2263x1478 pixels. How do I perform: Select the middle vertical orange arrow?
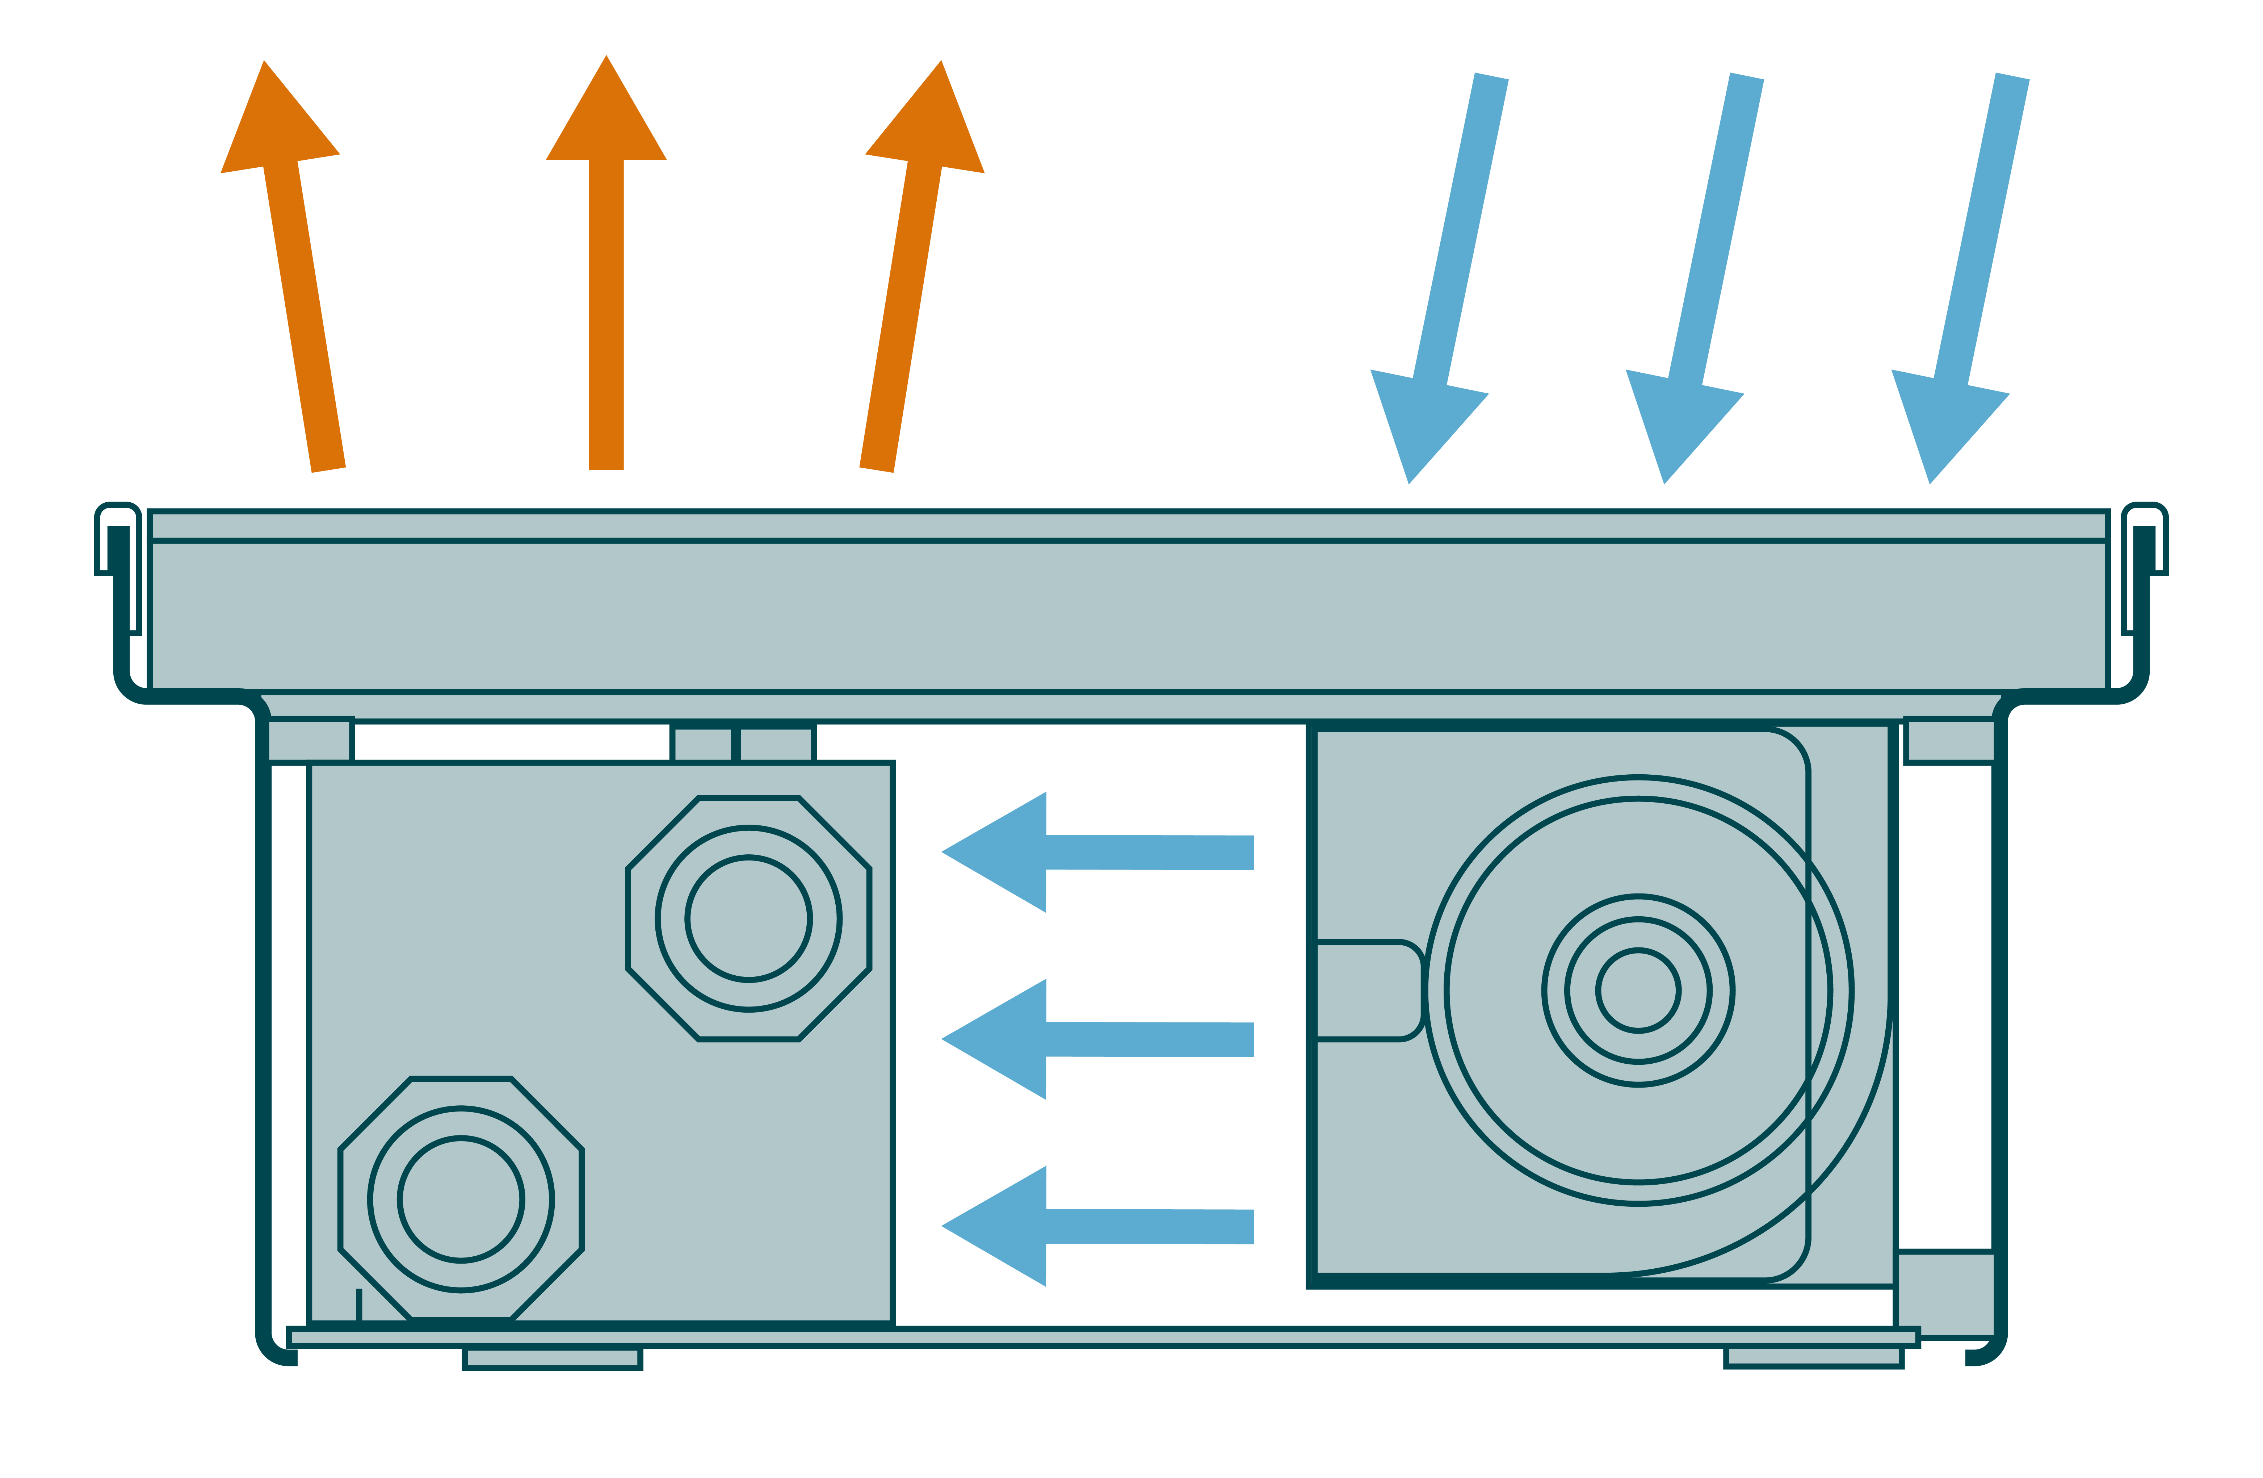pos(606,276)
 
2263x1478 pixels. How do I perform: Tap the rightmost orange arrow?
pos(911,276)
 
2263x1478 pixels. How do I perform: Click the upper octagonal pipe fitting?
pos(748,919)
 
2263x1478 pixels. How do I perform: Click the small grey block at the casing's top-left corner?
pos(310,740)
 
